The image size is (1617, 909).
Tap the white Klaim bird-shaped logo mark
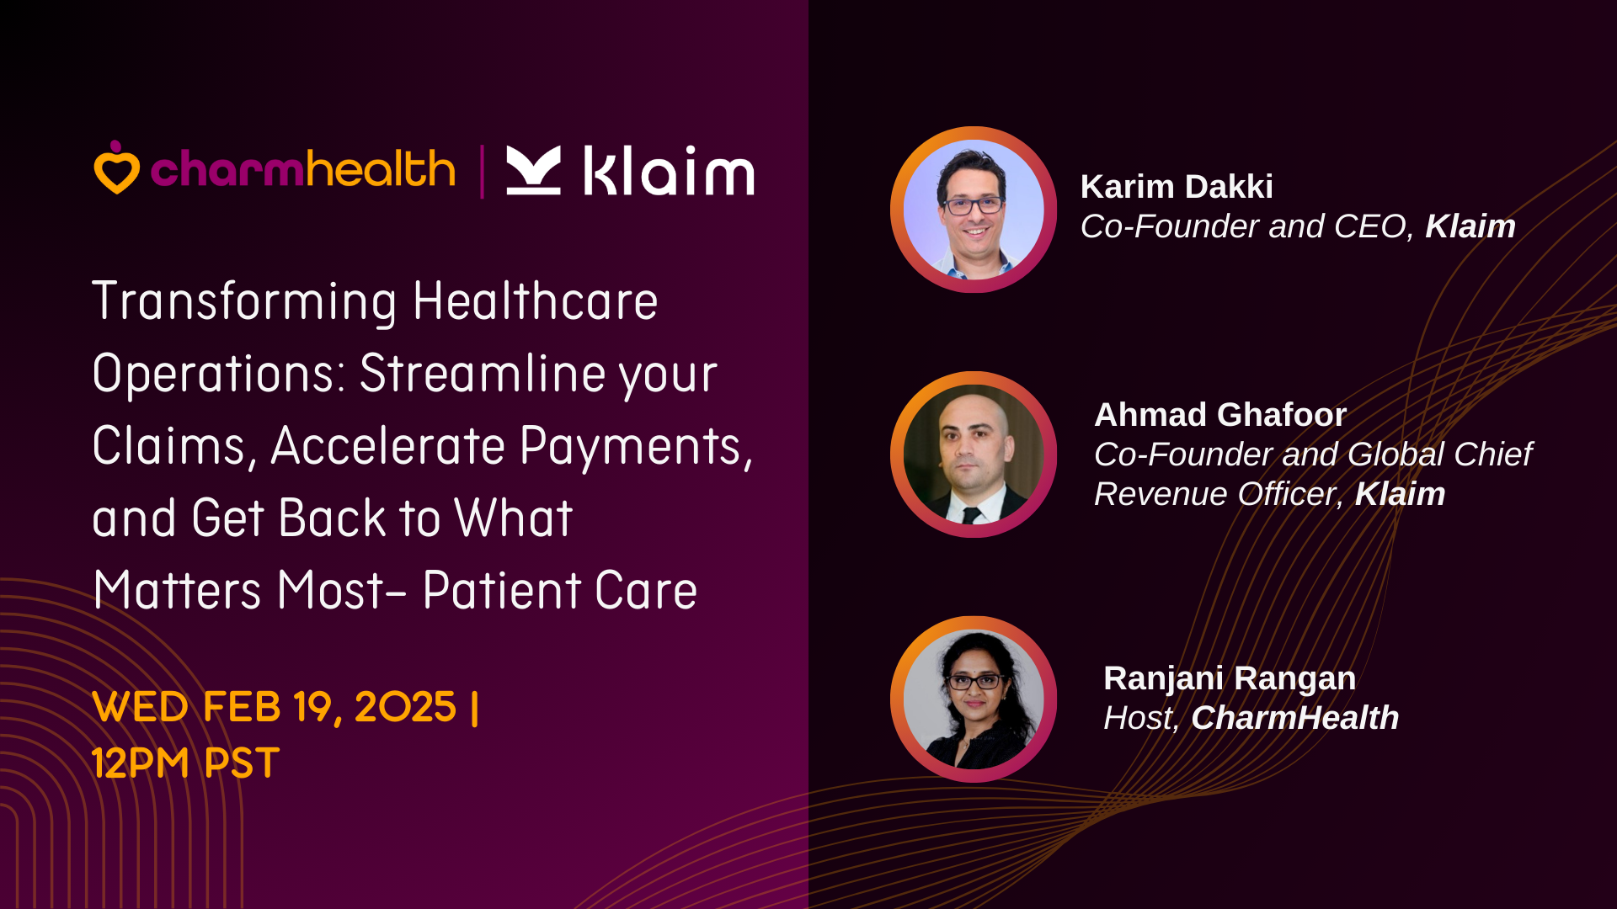533,170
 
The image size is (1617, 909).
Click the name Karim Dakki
1177,187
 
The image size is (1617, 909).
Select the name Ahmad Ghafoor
1220,415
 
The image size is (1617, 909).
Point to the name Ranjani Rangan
1230,678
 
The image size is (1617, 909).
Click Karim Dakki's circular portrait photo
974,210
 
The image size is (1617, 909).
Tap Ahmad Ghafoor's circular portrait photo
974,454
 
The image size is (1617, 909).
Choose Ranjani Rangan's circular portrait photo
974,699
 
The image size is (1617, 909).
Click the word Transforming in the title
244,302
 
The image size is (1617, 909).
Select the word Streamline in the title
483,373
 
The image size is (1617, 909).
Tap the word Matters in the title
178,590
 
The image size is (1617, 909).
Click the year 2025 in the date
405,707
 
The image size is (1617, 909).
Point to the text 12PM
141,763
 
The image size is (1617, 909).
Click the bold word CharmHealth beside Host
1295,718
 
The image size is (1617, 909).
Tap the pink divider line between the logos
483,172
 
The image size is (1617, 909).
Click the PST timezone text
243,763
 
